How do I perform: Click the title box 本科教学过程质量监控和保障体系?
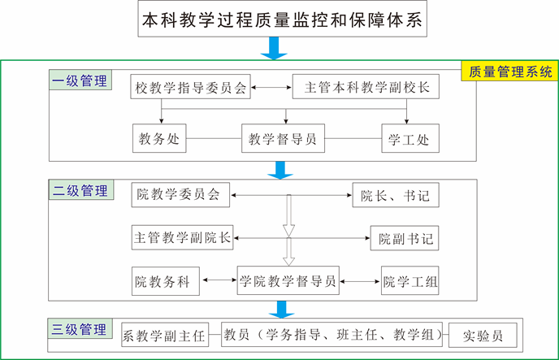[281, 20]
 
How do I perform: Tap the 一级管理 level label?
[80, 82]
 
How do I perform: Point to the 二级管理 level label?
[80, 192]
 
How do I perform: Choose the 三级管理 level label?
[80, 330]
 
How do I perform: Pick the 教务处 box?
[159, 138]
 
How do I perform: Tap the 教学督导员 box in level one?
[284, 138]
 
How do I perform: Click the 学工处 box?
[406, 138]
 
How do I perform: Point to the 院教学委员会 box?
[180, 195]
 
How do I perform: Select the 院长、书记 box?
[396, 196]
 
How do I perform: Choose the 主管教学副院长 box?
[182, 238]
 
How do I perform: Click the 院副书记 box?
[404, 239]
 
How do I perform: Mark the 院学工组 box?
[410, 282]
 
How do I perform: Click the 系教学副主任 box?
[164, 334]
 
